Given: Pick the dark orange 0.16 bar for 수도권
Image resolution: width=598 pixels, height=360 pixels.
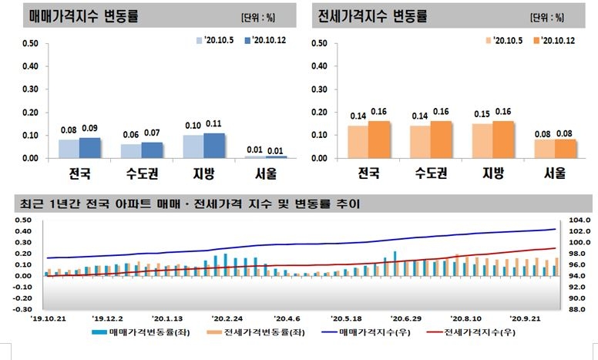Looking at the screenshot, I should pos(442,140).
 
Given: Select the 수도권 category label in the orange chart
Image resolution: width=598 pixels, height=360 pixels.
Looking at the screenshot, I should pos(431,172).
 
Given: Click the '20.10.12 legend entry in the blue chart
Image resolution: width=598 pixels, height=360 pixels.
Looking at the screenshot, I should pos(261,40).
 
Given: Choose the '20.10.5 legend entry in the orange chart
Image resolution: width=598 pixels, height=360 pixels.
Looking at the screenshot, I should pos(506,40).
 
